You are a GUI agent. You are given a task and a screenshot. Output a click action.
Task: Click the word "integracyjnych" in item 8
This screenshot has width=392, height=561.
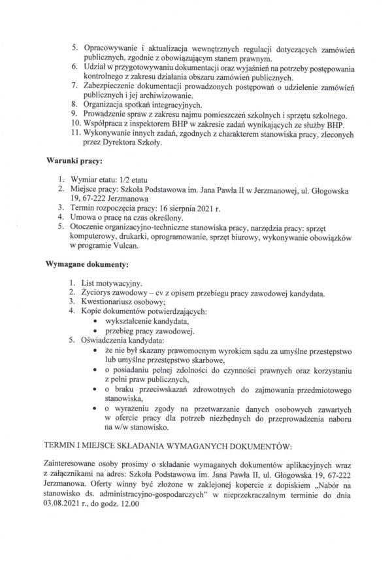[x=171, y=103]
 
